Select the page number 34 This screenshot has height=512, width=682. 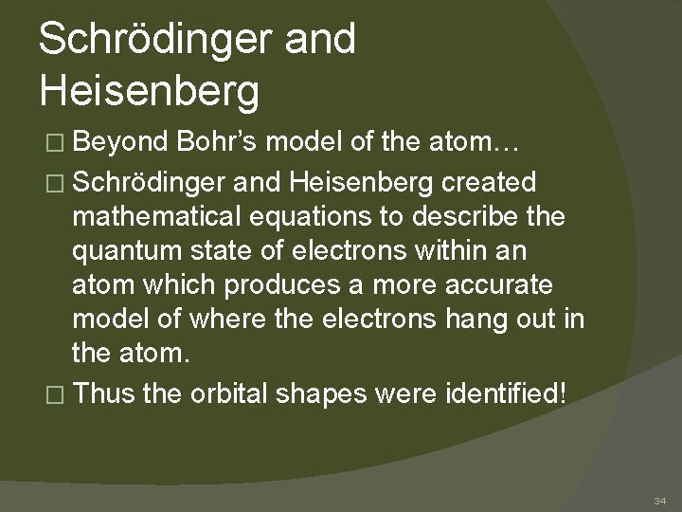(x=660, y=500)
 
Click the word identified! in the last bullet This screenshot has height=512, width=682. (x=503, y=393)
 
